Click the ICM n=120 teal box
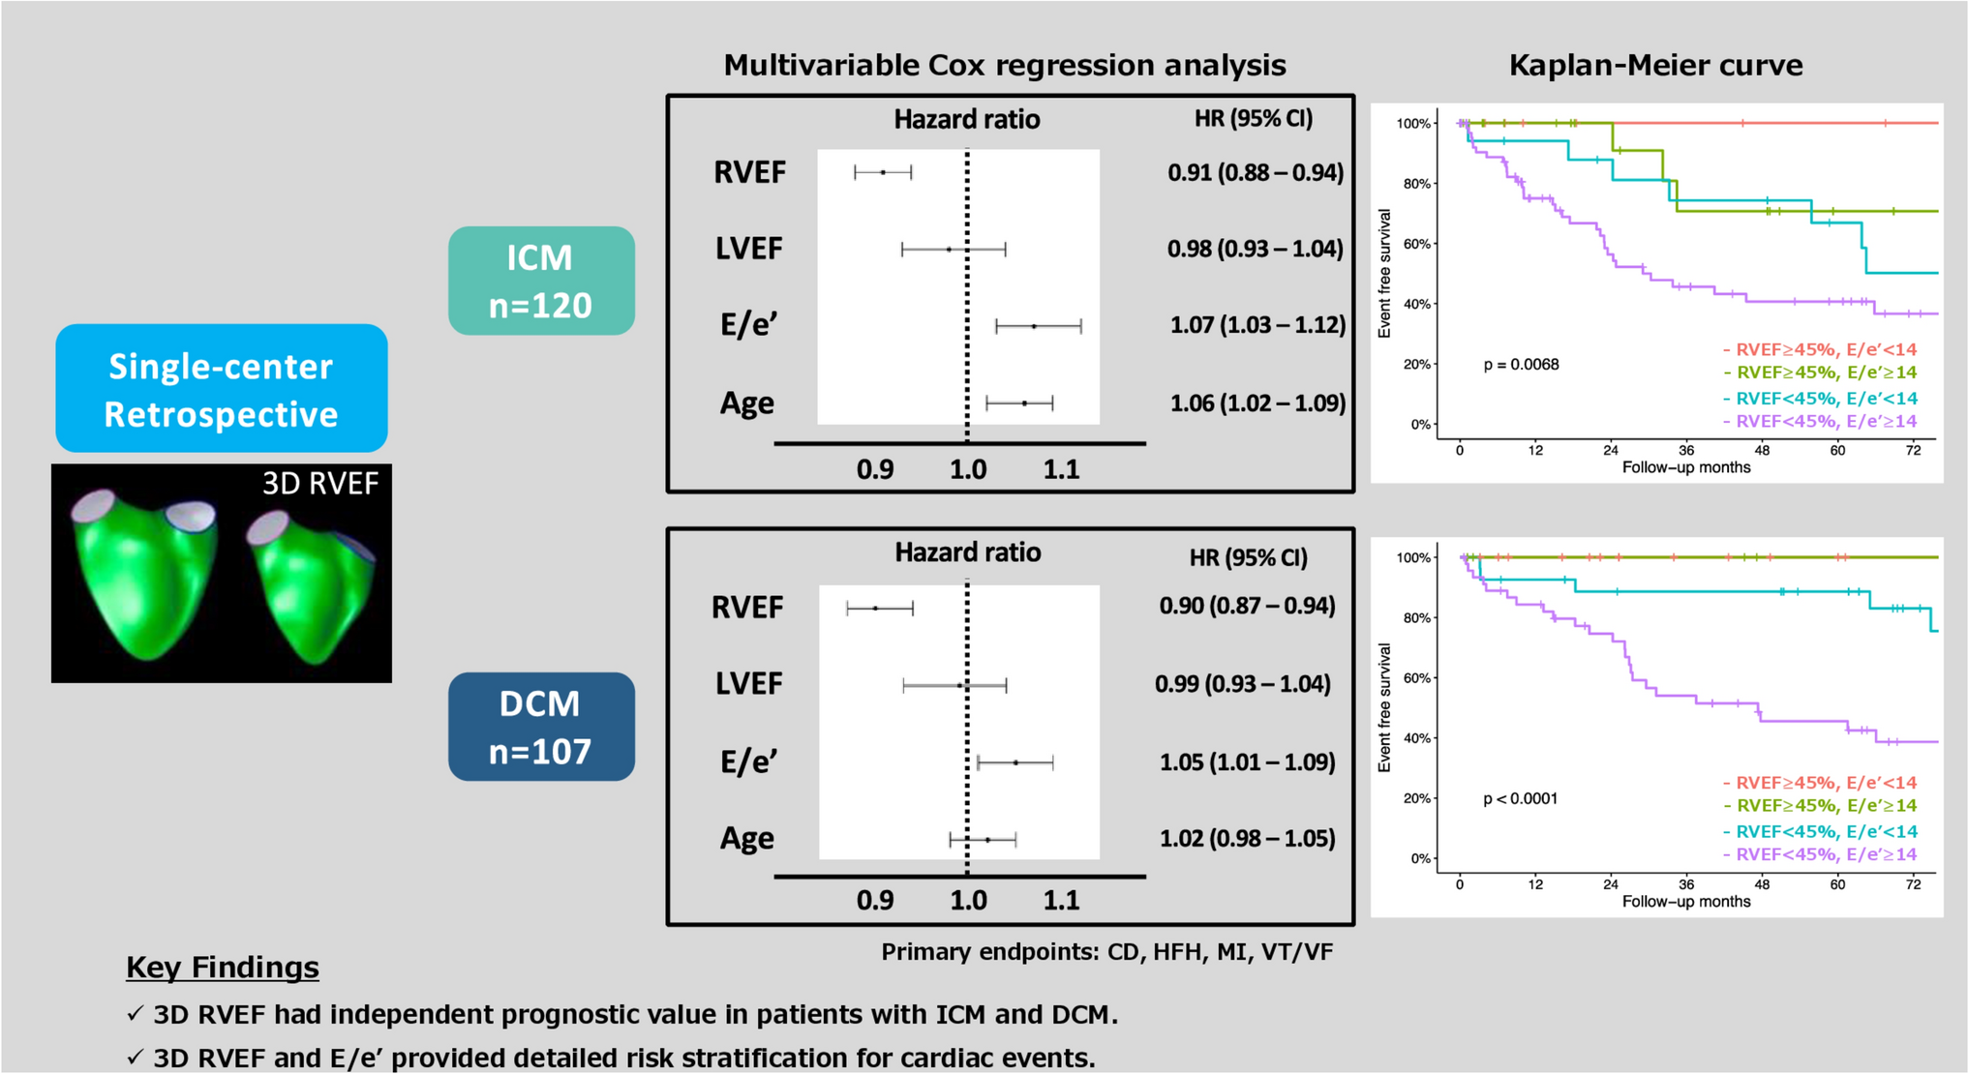(541, 281)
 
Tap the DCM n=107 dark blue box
(541, 727)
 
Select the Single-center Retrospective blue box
(222, 389)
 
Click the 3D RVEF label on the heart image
(319, 484)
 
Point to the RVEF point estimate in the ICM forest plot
(883, 172)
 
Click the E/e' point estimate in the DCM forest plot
(1015, 762)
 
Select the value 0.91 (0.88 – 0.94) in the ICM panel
(1256, 172)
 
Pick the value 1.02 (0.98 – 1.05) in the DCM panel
(1247, 838)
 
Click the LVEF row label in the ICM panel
(748, 249)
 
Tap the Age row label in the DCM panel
(746, 838)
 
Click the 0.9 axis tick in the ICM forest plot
(875, 470)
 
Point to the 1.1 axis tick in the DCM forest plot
(1061, 901)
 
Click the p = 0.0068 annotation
(1521, 365)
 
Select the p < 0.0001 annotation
(1520, 799)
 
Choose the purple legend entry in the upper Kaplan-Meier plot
(1820, 421)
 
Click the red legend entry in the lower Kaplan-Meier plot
(1820, 783)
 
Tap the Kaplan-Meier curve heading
(1655, 65)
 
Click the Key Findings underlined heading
(223, 967)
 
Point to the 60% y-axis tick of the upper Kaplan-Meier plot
(1416, 244)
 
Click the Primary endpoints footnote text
(1106, 952)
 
